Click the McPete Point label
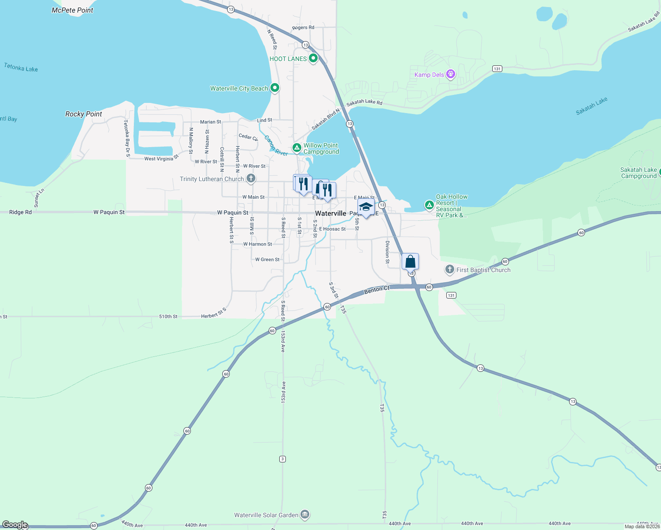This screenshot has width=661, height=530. [72, 10]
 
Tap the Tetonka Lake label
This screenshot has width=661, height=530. [21, 68]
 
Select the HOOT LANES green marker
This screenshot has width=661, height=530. [313, 58]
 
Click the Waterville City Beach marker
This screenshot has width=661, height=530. [274, 88]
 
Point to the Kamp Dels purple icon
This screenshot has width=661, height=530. [451, 74]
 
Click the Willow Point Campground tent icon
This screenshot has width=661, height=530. [297, 148]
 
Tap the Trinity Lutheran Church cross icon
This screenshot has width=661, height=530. [251, 178]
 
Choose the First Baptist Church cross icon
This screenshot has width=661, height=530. [449, 269]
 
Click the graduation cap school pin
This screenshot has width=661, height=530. [366, 207]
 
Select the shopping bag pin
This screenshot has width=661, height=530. [410, 261]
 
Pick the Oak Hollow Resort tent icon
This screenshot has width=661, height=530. [429, 205]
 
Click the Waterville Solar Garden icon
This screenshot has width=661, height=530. [304, 515]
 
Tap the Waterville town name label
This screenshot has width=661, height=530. [330, 213]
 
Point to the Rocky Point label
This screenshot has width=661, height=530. [84, 114]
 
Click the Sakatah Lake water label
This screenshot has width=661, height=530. [591, 106]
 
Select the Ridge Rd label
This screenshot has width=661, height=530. [20, 212]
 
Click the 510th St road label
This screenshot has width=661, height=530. [168, 317]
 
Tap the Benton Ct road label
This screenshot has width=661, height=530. [377, 290]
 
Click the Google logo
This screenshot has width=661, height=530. [15, 525]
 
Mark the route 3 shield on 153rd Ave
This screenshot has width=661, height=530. [282, 459]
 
